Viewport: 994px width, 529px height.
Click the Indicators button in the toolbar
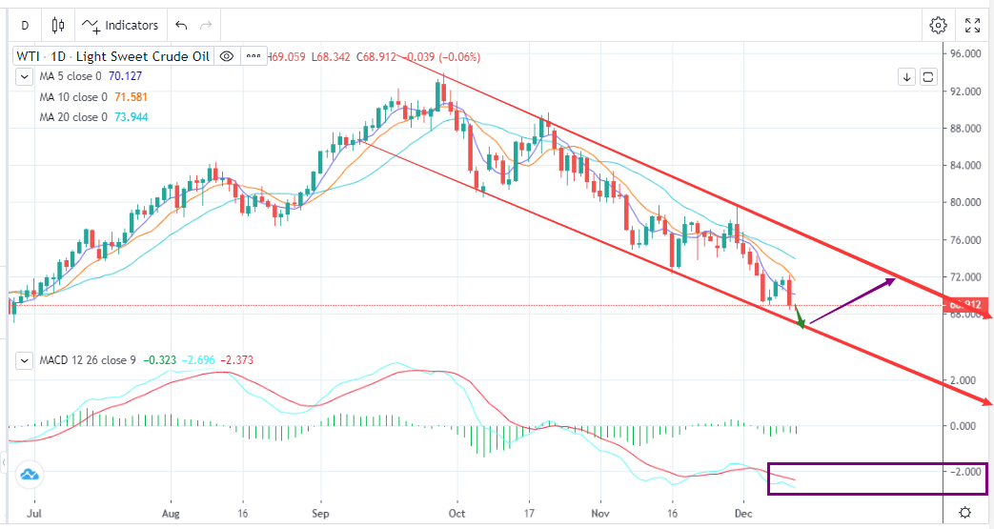coord(121,25)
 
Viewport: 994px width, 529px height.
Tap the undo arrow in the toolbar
coord(182,25)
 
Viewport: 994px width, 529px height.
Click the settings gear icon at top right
coord(938,25)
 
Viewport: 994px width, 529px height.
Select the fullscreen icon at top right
coord(972,25)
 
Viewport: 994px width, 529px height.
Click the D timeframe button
coord(25,25)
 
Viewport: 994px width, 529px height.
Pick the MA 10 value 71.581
coord(130,96)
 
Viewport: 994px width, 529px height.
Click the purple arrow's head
coord(892,279)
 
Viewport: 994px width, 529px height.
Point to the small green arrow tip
coord(802,326)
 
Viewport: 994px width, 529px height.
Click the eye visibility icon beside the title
coord(226,56)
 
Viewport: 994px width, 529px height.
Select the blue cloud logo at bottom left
coord(28,473)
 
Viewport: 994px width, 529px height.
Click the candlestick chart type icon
coord(58,25)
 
